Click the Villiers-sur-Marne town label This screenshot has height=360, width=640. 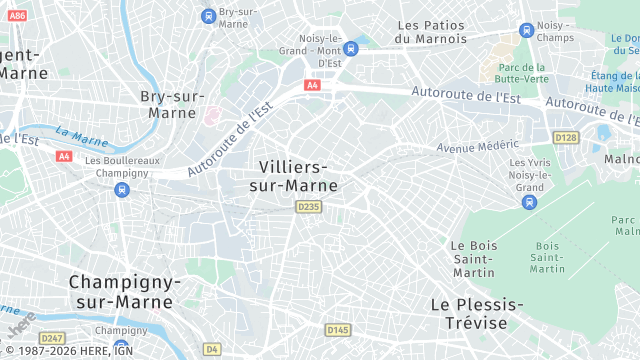click(x=297, y=175)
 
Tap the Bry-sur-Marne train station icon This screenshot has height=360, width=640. click(x=208, y=15)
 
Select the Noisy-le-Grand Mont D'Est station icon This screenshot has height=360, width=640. click(x=350, y=48)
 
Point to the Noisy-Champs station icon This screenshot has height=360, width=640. click(x=526, y=30)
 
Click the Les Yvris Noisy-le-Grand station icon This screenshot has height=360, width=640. click(x=529, y=202)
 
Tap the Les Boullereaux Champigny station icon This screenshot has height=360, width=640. click(x=121, y=189)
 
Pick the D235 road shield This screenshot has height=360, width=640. click(x=308, y=206)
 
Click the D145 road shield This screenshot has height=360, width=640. click(x=337, y=329)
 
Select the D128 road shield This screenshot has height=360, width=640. click(x=566, y=137)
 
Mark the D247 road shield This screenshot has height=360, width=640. click(x=53, y=338)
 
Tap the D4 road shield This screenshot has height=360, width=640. click(x=211, y=349)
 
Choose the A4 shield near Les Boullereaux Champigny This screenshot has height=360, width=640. click(x=64, y=156)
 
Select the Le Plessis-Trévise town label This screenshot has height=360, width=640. click(x=477, y=313)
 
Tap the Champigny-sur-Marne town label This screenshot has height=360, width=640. click(x=125, y=292)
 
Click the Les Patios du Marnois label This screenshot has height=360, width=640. click(x=431, y=31)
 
